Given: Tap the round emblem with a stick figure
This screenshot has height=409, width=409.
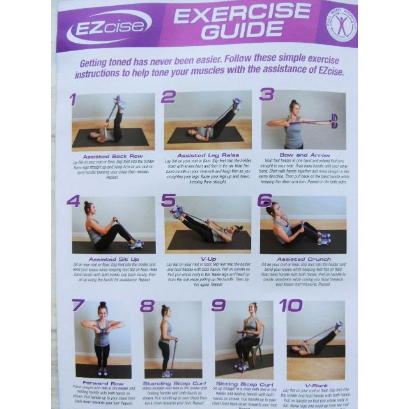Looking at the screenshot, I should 341,26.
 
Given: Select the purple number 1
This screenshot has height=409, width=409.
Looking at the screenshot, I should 72,99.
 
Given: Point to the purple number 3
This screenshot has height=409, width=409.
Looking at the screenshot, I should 266,95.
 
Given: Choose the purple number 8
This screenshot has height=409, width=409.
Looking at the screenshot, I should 147,305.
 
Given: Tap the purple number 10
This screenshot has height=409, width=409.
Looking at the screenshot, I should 290,305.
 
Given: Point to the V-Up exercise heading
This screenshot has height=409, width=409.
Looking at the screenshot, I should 208,259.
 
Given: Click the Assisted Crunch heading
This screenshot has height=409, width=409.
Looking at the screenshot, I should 304,259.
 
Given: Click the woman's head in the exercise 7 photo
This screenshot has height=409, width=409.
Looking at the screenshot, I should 102,309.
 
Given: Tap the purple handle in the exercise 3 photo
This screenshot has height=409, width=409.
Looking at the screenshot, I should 334,121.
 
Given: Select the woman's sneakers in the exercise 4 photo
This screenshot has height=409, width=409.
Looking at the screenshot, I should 136,243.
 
